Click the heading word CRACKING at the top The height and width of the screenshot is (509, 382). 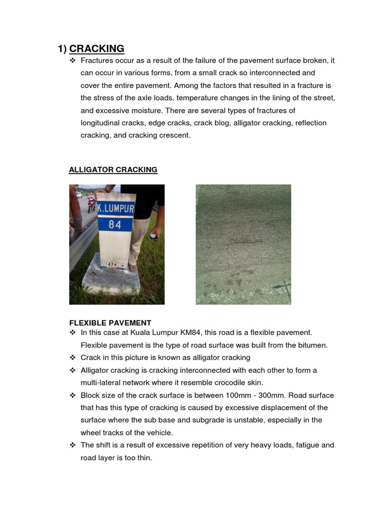[x=96, y=49]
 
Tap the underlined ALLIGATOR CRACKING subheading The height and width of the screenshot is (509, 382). [x=113, y=170]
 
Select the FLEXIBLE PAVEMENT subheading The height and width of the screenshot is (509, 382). [x=110, y=323]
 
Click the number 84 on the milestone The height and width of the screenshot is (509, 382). [x=115, y=225]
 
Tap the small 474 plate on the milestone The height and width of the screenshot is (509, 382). [x=112, y=264]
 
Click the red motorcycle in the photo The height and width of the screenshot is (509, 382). [x=91, y=204]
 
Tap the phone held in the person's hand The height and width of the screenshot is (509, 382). [x=155, y=236]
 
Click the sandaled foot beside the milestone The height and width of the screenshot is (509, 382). [x=132, y=267]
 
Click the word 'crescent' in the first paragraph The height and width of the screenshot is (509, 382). [x=174, y=135]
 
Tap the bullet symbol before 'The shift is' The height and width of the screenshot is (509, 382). [x=73, y=445]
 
